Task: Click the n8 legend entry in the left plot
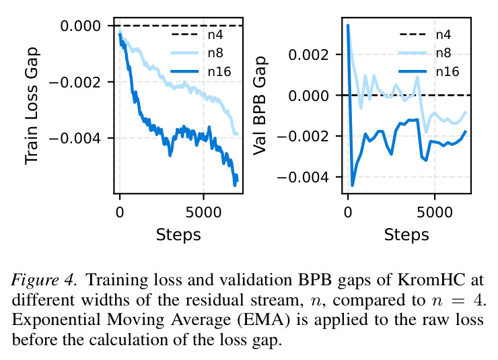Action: coord(200,52)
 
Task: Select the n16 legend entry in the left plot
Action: coord(201,72)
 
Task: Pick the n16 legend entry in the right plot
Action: coord(429,71)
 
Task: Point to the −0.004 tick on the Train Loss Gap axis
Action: coord(75,139)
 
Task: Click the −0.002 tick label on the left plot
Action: coord(75,83)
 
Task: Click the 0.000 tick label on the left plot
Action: coord(80,26)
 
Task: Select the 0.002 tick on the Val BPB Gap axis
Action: coord(308,55)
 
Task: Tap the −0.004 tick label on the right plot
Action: coord(303,177)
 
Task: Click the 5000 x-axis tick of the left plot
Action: coord(204,213)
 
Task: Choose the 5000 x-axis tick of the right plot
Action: coord(435,213)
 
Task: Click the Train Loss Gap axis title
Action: coord(32,106)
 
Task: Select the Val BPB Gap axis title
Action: coord(260,106)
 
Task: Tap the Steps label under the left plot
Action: coord(178,236)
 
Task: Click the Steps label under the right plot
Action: coord(406,236)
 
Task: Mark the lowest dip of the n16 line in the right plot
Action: coord(352,186)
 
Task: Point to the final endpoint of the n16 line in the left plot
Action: coord(237,180)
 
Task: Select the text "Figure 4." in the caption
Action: coord(44,281)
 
